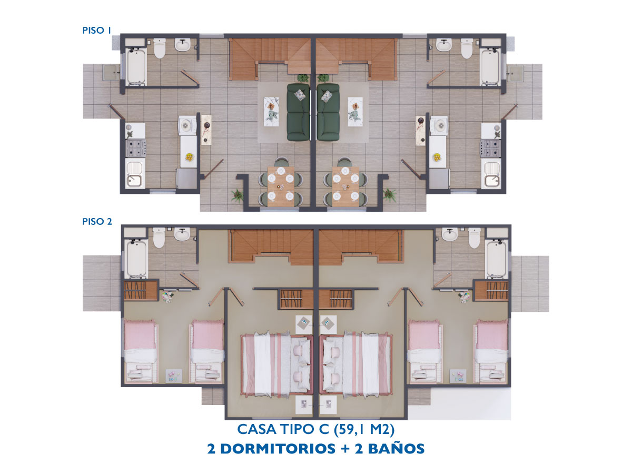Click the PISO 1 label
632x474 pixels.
(x=97, y=30)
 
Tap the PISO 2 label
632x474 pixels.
(x=97, y=221)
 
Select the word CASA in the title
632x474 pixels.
(x=256, y=429)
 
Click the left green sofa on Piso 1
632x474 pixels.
(x=298, y=112)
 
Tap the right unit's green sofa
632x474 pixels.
(x=328, y=112)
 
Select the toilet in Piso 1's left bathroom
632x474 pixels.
(x=159, y=48)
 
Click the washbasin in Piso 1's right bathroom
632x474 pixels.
(x=443, y=45)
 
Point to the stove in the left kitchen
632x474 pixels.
(x=135, y=148)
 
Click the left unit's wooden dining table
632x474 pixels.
(x=281, y=186)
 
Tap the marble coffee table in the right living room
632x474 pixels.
(x=355, y=112)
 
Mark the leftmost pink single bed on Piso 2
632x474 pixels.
(x=141, y=351)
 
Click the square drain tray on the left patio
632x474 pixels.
(x=111, y=73)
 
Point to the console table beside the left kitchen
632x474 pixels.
(x=206, y=130)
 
